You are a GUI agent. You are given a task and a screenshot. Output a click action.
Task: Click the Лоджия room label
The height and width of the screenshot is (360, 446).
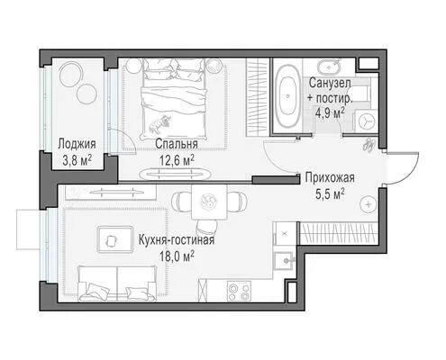(77, 144)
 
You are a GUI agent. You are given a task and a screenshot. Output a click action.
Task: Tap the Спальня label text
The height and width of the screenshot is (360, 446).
(177, 144)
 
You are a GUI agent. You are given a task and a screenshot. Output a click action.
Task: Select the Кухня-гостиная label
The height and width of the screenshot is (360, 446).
(177, 240)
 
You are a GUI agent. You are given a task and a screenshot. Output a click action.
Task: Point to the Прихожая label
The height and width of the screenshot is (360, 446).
(330, 177)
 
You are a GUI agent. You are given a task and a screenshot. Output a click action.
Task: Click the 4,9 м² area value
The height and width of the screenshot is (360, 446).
(330, 113)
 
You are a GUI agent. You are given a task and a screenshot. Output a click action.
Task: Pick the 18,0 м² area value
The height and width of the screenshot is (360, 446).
(177, 256)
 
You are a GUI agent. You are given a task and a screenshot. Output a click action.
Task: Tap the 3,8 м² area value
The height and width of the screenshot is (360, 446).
(77, 161)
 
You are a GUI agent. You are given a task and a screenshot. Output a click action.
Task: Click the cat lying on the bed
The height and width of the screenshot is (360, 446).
(159, 123)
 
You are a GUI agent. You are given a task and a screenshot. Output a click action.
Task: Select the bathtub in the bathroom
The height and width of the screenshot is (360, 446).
(287, 96)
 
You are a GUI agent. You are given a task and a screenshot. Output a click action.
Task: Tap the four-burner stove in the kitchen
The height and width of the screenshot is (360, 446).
(239, 291)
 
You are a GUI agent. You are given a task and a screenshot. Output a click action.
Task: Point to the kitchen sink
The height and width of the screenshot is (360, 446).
(285, 260)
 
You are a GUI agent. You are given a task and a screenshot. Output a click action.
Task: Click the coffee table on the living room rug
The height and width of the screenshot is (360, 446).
(114, 239)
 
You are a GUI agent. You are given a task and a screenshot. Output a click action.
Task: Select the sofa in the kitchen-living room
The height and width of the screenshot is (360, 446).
(117, 283)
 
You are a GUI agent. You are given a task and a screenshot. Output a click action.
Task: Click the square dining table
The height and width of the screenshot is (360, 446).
(209, 202)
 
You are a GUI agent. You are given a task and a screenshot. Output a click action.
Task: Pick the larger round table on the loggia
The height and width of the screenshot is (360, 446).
(71, 74)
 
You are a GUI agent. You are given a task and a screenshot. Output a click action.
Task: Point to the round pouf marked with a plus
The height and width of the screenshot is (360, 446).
(369, 204)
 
